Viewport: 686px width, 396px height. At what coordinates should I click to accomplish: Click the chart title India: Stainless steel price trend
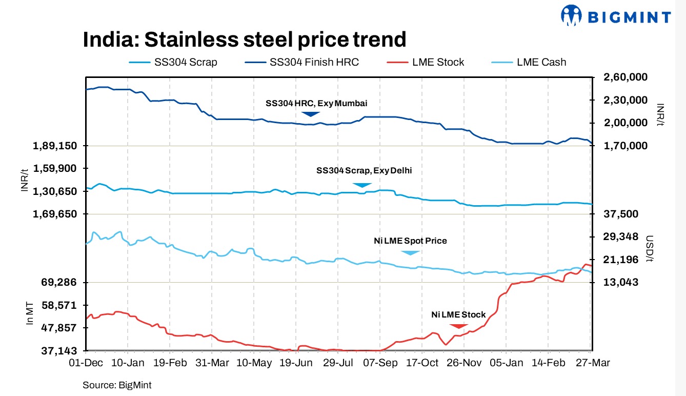point(244,39)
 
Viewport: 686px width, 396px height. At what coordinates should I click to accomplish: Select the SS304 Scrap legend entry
point(173,62)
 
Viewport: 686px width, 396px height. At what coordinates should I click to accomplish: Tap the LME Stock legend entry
point(424,62)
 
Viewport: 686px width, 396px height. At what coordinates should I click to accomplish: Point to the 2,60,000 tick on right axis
point(619,77)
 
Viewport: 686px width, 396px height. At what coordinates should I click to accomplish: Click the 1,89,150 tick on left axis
point(55,146)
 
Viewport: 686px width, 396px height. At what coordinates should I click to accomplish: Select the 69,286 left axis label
point(58,283)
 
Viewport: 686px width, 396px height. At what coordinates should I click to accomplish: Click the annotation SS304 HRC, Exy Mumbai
point(316,103)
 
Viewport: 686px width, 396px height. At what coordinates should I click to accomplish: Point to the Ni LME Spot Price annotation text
point(410,241)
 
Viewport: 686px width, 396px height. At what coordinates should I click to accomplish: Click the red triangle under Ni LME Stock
point(458,326)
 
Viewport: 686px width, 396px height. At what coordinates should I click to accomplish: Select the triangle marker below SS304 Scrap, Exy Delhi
point(361,185)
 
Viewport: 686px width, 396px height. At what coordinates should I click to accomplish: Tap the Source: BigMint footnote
point(117,385)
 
